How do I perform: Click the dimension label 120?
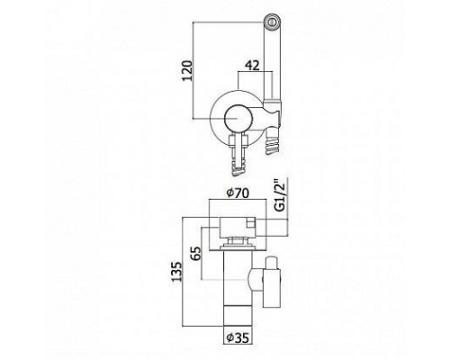click(187, 71)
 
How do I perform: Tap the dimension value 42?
click(252, 66)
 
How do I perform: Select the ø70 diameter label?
click(238, 193)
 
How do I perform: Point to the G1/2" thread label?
click(280, 196)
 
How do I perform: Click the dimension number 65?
click(195, 254)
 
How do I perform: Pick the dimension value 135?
click(177, 272)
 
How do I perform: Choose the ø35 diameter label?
click(238, 338)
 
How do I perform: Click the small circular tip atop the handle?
click(272, 22)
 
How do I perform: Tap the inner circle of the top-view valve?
click(237, 118)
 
